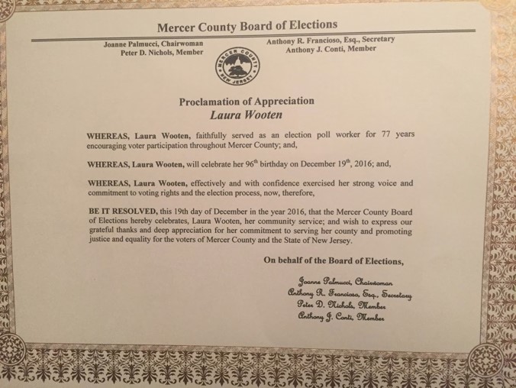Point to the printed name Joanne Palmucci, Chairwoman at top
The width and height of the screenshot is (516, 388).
tap(153, 45)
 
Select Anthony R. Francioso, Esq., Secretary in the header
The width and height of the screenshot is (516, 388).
tap(331, 40)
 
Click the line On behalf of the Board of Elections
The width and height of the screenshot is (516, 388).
tap(333, 262)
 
